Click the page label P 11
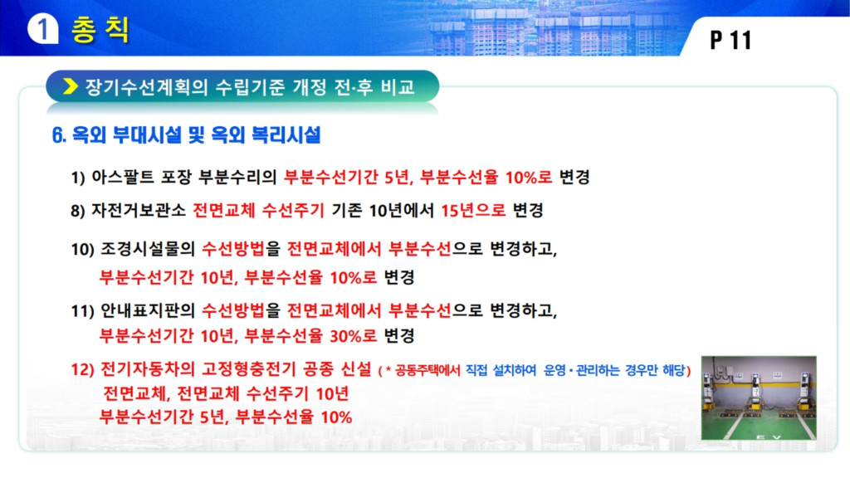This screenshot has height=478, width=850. [730, 40]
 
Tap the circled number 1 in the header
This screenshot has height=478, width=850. [42, 28]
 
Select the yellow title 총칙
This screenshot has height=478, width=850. [100, 29]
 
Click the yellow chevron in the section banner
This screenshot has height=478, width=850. [70, 86]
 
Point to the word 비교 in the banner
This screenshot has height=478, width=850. [398, 86]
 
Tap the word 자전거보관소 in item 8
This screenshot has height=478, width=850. [139, 210]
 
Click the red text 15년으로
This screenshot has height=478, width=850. [472, 210]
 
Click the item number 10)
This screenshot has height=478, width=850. [82, 249]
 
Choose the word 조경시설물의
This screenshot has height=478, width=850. [148, 249]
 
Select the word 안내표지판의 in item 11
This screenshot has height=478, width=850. [148, 310]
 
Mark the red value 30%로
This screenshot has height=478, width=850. [353, 336]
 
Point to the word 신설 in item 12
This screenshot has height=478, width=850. [356, 369]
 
